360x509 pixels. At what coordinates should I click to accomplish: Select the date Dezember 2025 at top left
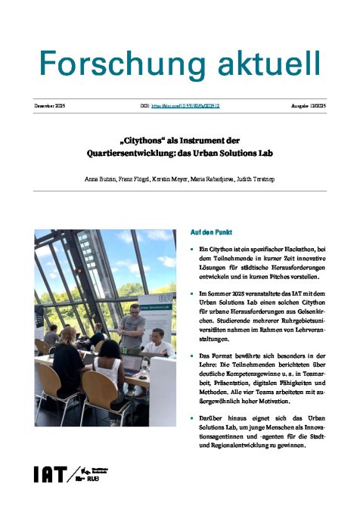[50, 107]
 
